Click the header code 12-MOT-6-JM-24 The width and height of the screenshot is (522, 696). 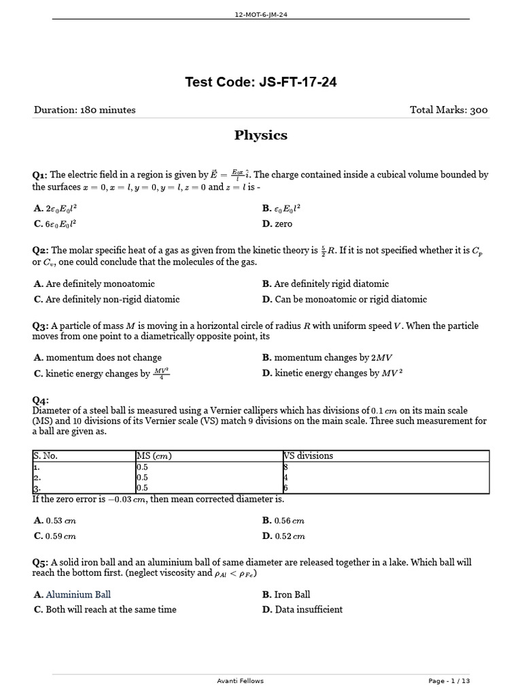click(x=261, y=14)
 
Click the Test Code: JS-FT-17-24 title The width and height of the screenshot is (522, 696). click(x=261, y=83)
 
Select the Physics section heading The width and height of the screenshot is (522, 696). click(x=261, y=135)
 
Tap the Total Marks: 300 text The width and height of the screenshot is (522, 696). click(x=449, y=110)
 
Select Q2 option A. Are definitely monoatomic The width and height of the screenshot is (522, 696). click(x=94, y=284)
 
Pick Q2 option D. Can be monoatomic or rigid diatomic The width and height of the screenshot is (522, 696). click(x=345, y=299)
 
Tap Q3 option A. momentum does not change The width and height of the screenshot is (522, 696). click(x=98, y=358)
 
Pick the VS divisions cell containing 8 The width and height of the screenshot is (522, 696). click(x=285, y=467)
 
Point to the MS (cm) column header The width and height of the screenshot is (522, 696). click(x=154, y=456)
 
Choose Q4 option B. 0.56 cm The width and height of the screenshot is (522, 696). click(x=283, y=521)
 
